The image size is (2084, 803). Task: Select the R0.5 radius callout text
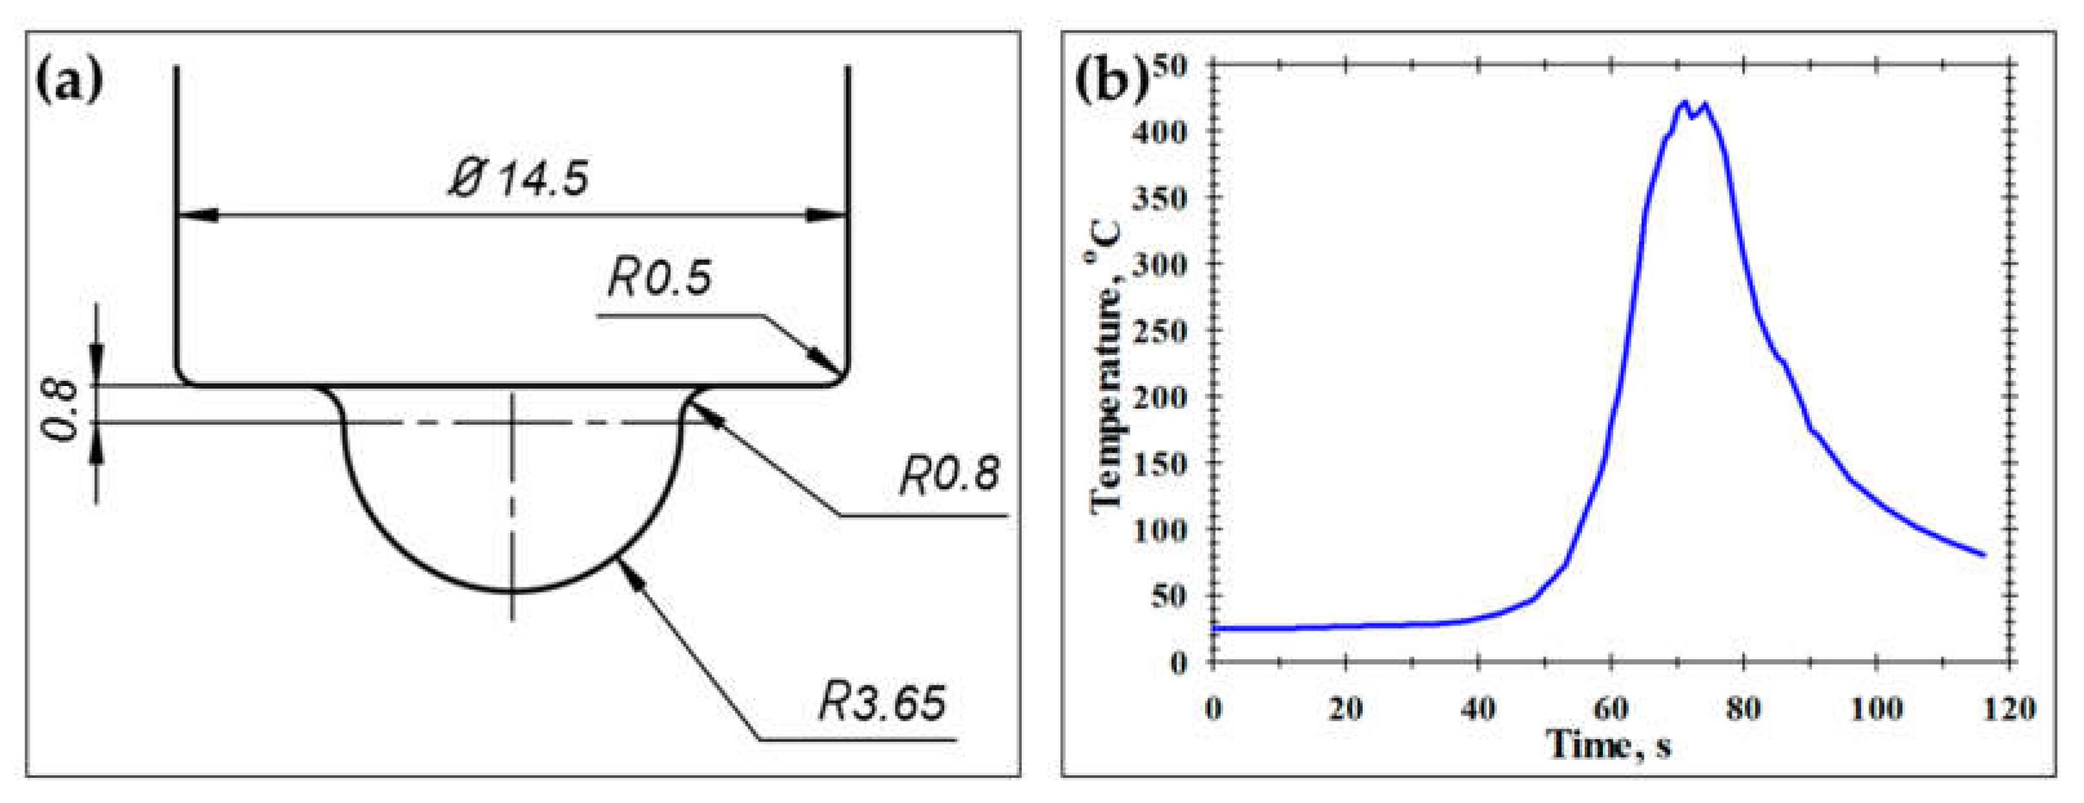tap(659, 278)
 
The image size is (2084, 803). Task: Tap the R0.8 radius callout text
tap(949, 474)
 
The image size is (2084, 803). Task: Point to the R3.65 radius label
tap(881, 702)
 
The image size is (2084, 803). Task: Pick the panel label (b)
tap(1111, 81)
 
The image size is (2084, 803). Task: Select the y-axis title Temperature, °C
tap(1107, 364)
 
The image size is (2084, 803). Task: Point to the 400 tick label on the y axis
tap(1159, 131)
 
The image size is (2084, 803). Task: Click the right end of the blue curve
tap(1984, 554)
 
